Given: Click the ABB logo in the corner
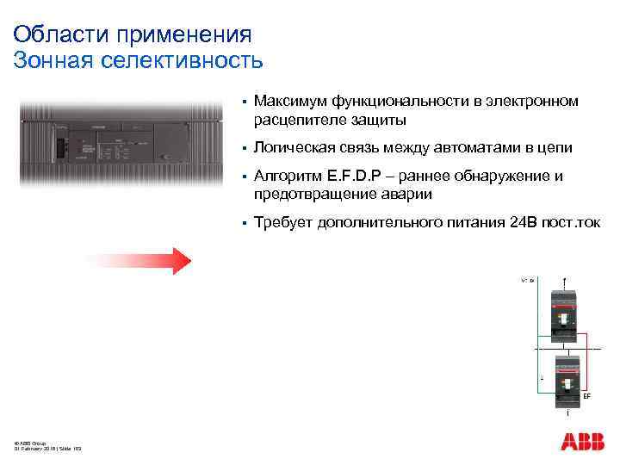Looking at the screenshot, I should (x=583, y=443).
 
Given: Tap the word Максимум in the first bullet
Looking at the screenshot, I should (x=292, y=102).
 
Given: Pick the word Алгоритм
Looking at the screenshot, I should (x=289, y=177).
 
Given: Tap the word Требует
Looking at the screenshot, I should (x=285, y=223).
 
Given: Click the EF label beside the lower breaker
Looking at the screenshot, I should (x=586, y=396).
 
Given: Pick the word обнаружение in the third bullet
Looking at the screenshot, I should (x=503, y=177).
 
